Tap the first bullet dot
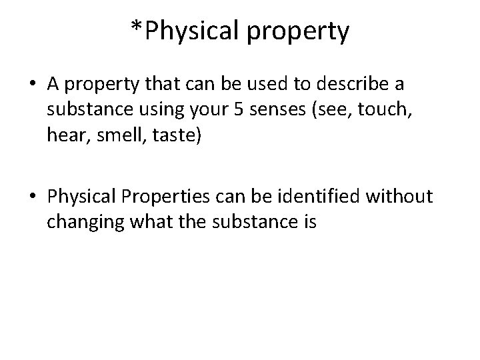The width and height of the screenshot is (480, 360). click(x=32, y=85)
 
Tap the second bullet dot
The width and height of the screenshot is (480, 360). click(x=32, y=197)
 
